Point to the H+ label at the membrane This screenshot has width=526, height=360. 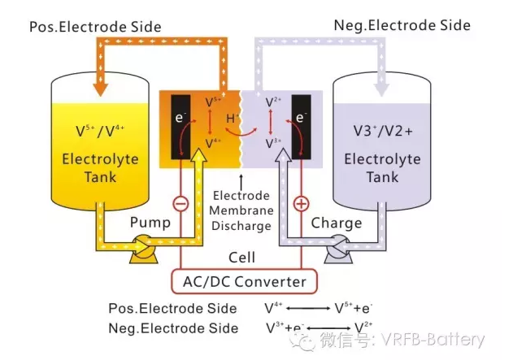point(233,119)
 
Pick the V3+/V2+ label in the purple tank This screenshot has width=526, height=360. point(381,130)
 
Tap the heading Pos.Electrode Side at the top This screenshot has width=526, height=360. point(95,27)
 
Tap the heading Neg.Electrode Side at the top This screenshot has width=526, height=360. point(402,25)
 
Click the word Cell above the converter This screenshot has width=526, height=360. point(241,258)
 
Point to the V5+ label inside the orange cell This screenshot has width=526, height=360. point(214,102)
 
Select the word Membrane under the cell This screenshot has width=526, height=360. point(241,211)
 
